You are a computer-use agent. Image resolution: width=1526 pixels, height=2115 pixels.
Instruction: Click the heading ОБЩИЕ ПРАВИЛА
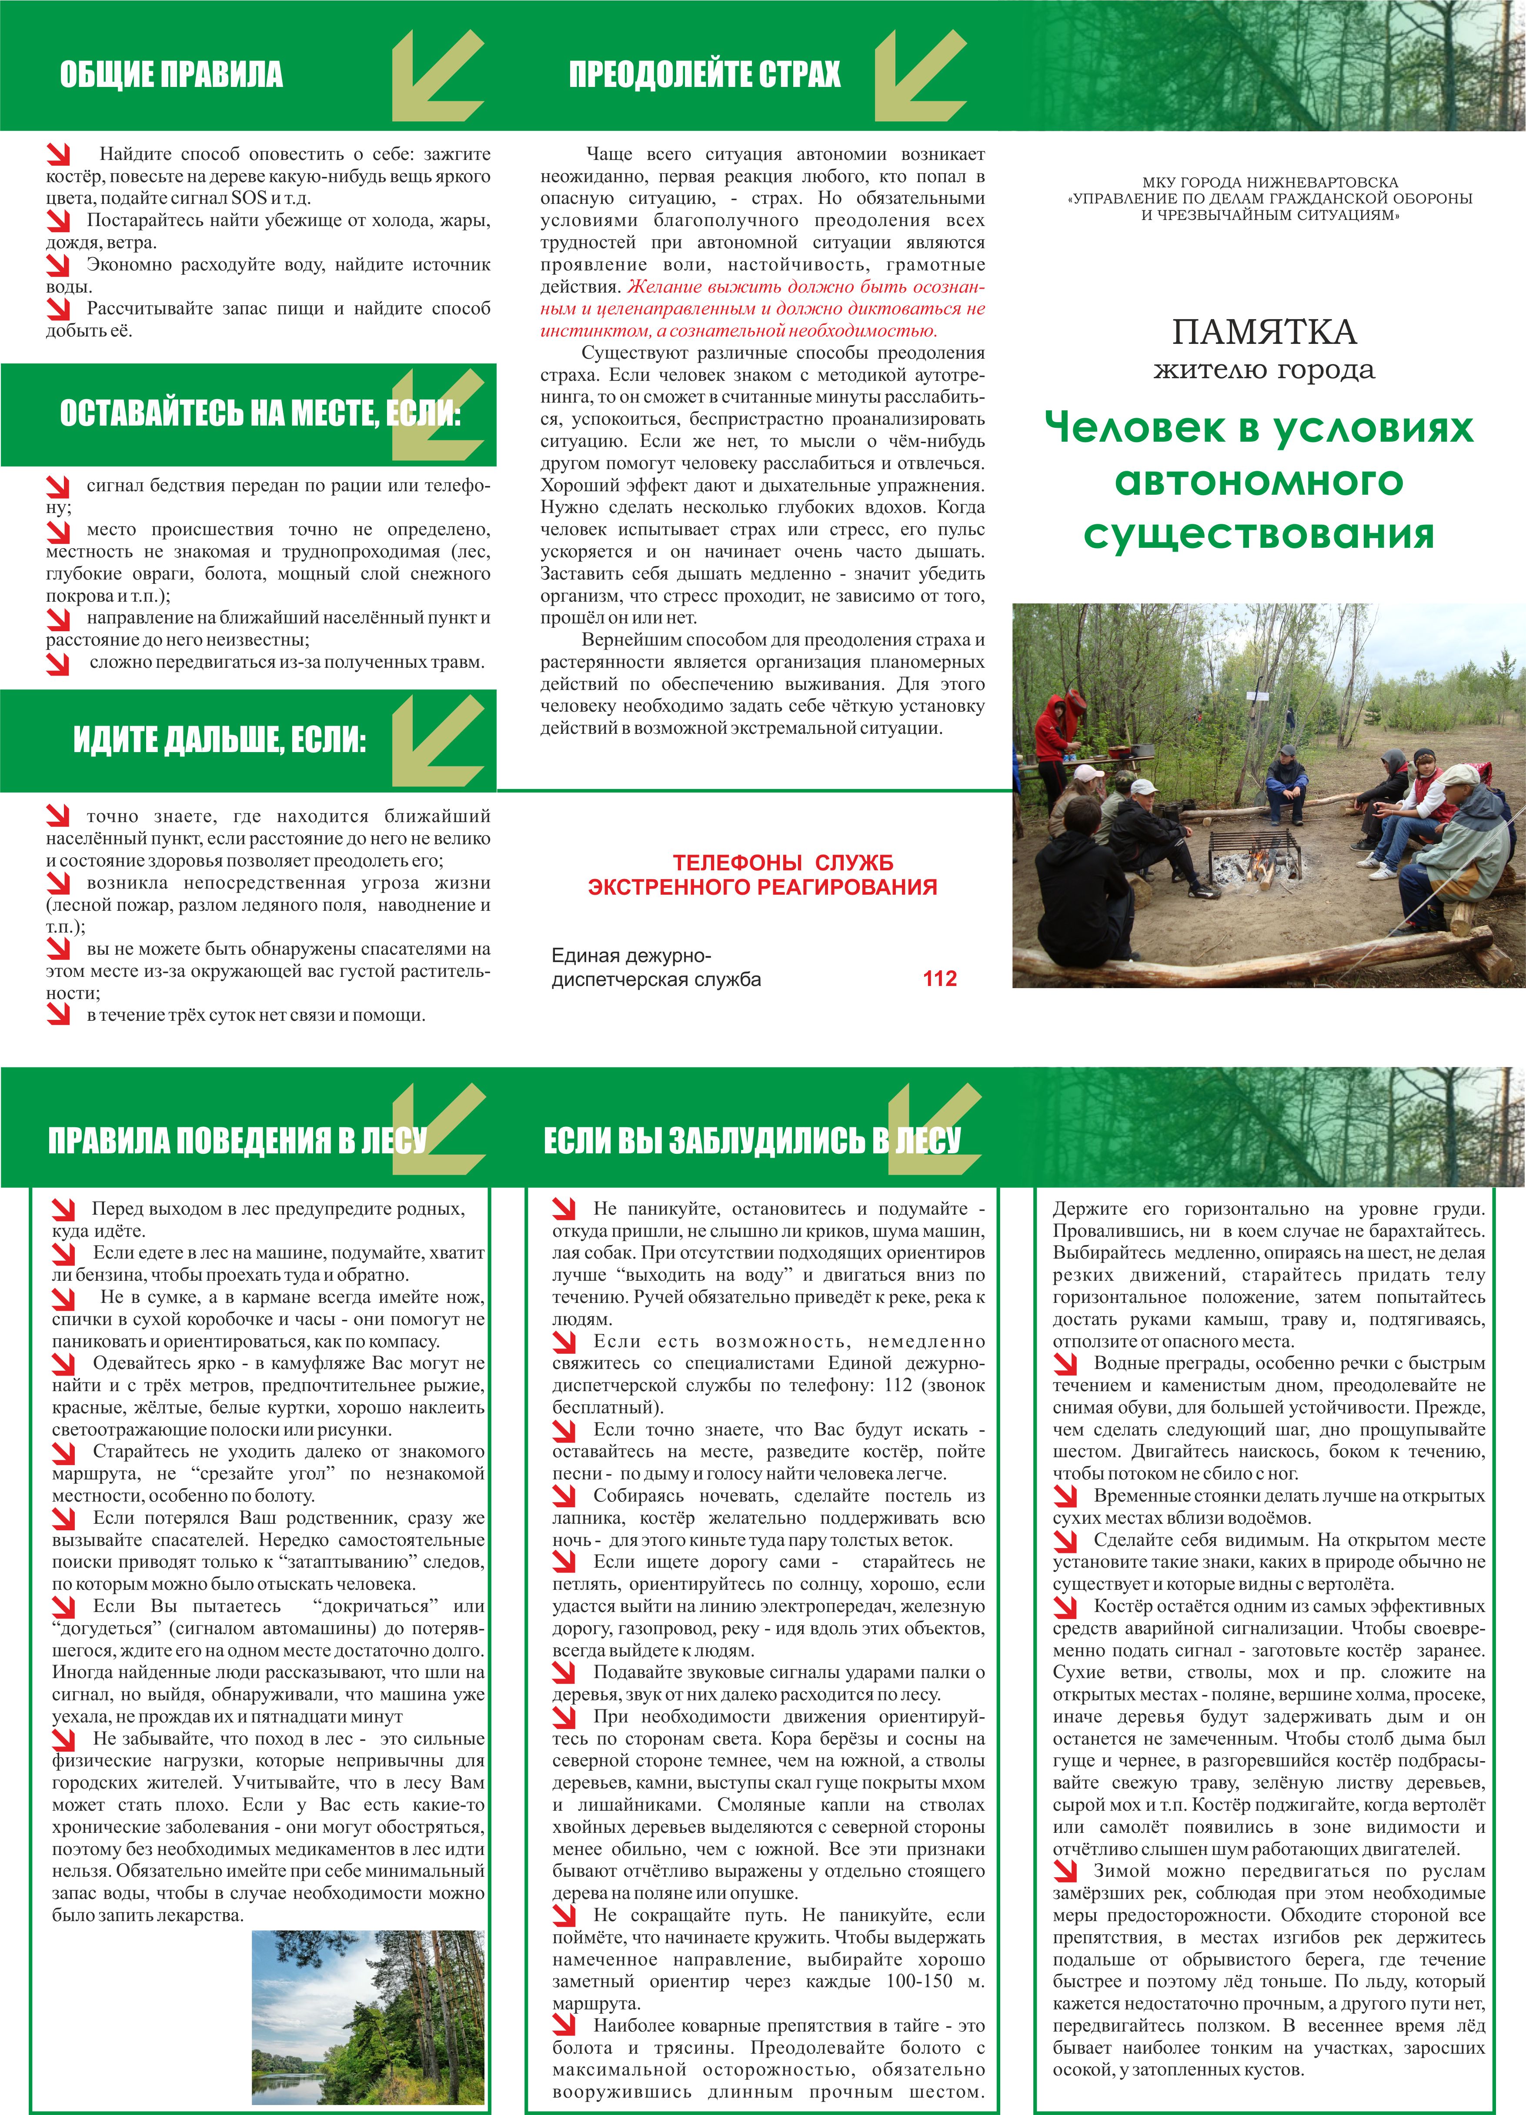click(x=172, y=75)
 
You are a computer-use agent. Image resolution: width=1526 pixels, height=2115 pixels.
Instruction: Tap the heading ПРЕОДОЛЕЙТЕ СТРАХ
click(x=704, y=75)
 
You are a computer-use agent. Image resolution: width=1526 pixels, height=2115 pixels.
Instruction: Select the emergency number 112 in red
click(x=939, y=978)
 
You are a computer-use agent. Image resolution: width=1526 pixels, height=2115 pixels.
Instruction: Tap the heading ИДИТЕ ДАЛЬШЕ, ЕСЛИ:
click(x=219, y=740)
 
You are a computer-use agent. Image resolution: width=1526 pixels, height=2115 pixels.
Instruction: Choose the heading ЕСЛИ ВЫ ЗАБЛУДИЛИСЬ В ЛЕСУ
click(x=752, y=1139)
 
